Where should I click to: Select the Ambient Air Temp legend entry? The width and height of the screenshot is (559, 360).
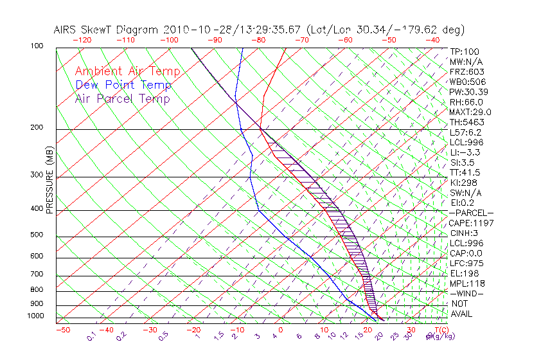(127, 71)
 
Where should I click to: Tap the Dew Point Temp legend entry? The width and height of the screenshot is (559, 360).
(123, 85)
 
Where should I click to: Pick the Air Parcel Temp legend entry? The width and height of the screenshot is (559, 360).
(122, 98)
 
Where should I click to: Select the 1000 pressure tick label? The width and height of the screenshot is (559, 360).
(35, 316)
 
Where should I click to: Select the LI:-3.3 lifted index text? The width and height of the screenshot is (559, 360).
(465, 152)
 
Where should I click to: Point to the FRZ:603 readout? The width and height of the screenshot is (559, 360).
(466, 72)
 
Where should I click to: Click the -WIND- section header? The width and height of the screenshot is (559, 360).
(467, 293)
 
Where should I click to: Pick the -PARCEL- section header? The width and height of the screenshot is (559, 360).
(471, 213)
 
